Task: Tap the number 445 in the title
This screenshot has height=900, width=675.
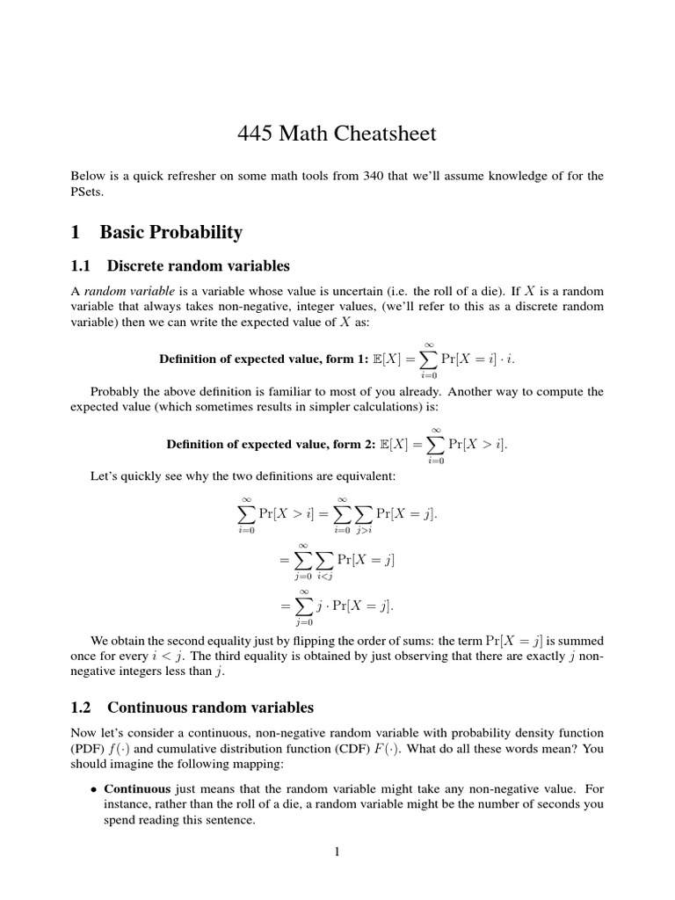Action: pos(256,134)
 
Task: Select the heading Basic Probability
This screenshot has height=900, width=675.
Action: pos(171,232)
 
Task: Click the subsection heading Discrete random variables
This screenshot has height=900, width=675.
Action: pos(198,265)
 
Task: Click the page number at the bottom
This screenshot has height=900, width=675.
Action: pos(337,853)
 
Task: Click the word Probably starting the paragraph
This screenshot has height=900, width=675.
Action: pos(117,392)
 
